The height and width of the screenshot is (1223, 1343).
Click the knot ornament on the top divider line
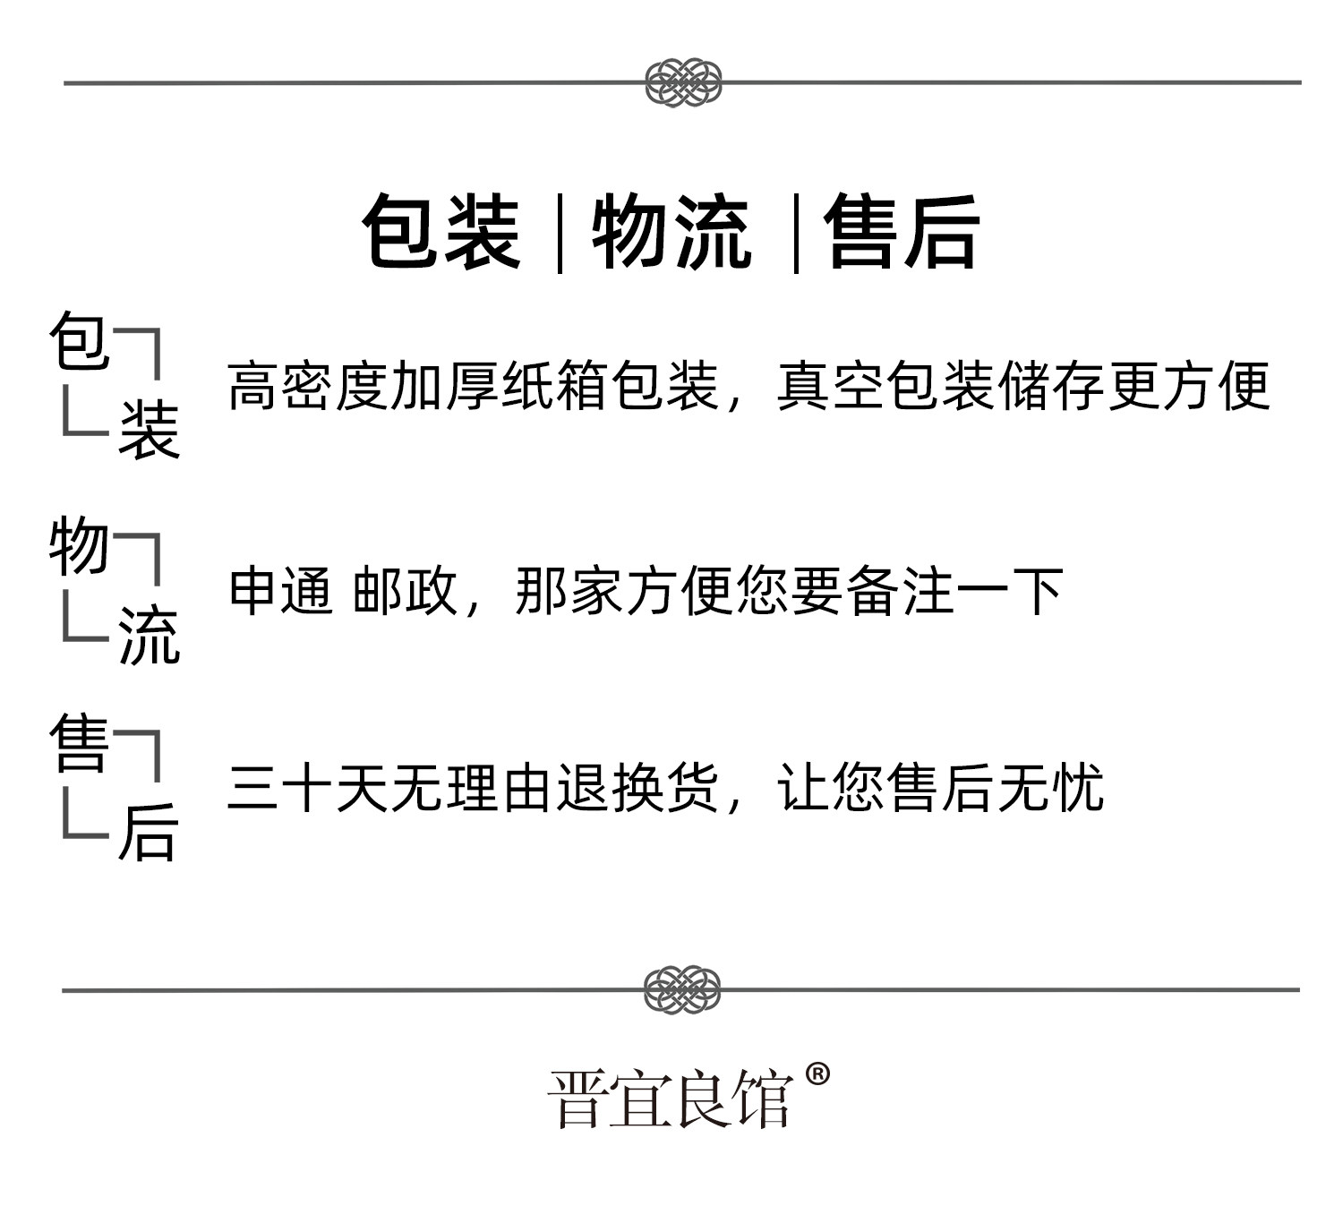click(x=683, y=82)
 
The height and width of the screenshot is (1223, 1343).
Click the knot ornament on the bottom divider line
click(x=682, y=989)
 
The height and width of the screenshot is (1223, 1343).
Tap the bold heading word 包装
click(x=441, y=232)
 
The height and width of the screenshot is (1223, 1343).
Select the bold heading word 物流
click(x=671, y=232)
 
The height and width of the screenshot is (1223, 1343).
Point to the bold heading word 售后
click(x=902, y=232)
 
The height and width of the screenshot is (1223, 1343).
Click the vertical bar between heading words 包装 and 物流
click(x=560, y=234)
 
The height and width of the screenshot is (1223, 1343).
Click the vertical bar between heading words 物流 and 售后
click(x=796, y=234)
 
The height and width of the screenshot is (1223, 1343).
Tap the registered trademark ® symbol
click(x=817, y=1074)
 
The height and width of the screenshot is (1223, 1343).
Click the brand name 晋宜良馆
click(x=671, y=1099)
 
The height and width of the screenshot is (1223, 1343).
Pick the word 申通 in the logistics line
click(x=280, y=591)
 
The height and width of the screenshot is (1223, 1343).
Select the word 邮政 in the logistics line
click(x=405, y=591)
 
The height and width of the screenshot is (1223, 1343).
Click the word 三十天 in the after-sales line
click(x=307, y=788)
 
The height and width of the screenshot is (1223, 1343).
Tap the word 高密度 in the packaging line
click(x=307, y=386)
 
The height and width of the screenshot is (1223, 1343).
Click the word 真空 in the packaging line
click(x=830, y=386)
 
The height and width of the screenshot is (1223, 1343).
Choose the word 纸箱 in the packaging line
click(x=553, y=386)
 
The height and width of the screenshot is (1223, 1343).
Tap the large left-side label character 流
click(x=149, y=634)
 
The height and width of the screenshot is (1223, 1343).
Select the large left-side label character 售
click(x=79, y=742)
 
